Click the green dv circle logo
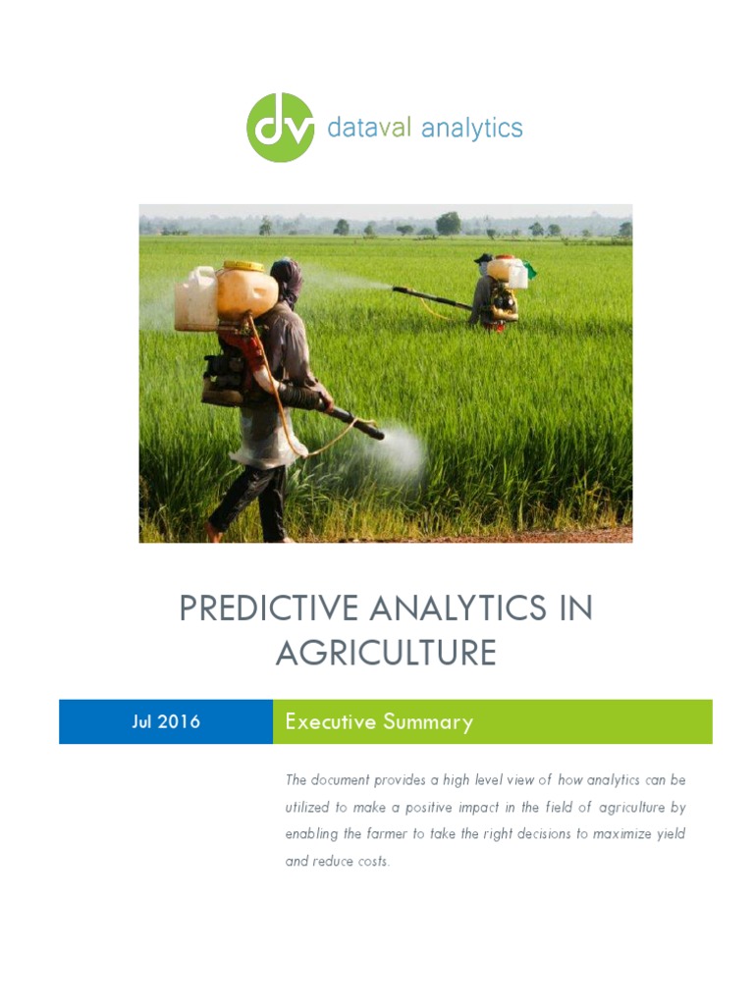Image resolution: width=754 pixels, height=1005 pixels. [281, 128]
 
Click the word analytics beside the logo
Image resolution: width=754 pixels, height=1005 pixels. [471, 129]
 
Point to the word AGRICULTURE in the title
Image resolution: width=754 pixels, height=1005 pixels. [386, 653]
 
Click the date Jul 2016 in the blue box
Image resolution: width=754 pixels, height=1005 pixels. [166, 721]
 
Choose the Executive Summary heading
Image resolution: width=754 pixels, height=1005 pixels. [379, 722]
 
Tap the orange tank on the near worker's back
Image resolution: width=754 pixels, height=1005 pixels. [247, 291]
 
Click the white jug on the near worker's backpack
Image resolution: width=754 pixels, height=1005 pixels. [195, 300]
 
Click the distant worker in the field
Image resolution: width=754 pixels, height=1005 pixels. [494, 291]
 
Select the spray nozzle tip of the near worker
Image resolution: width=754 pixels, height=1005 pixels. [376, 431]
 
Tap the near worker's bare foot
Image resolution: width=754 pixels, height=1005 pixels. [213, 533]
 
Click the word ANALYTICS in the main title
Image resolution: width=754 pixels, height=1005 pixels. [459, 609]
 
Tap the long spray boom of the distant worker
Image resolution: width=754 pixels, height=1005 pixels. [432, 297]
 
